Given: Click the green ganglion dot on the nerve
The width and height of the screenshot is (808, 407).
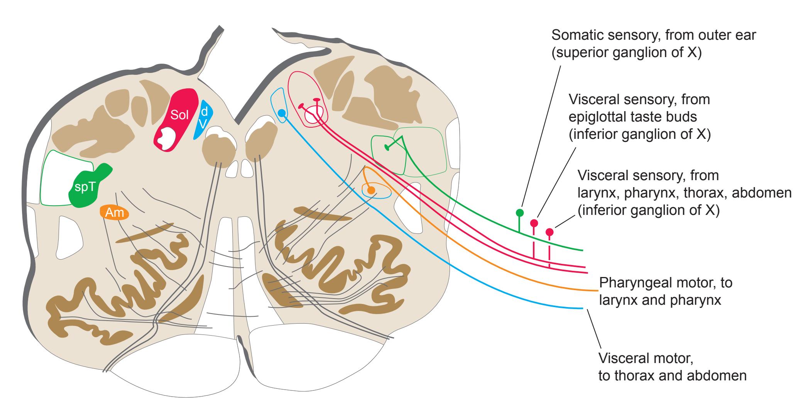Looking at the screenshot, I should [519, 213].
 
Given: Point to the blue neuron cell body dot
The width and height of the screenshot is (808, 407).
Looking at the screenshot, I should [282, 113].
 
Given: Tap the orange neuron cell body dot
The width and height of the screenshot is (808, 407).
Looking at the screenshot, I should [371, 190].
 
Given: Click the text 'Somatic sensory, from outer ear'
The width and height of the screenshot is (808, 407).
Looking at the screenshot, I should [654, 35].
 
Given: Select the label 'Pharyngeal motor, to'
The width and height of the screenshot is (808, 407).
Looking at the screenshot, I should [666, 283].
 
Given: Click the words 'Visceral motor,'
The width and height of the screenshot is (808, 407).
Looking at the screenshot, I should [646, 358].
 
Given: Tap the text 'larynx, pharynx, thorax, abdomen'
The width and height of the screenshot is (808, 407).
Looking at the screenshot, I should [684, 193].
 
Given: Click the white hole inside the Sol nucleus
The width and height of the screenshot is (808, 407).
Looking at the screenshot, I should [168, 138].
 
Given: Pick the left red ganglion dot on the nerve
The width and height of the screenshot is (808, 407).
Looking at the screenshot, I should [534, 223].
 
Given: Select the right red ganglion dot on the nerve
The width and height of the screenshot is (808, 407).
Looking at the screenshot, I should [549, 232].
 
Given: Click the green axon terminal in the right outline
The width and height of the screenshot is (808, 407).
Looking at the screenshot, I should [387, 147].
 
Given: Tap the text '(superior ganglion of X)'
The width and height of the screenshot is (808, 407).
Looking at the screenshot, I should [626, 53].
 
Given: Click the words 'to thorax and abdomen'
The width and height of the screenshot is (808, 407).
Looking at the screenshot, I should [672, 376].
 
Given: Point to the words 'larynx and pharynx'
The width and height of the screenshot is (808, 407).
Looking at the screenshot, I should [660, 300].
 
